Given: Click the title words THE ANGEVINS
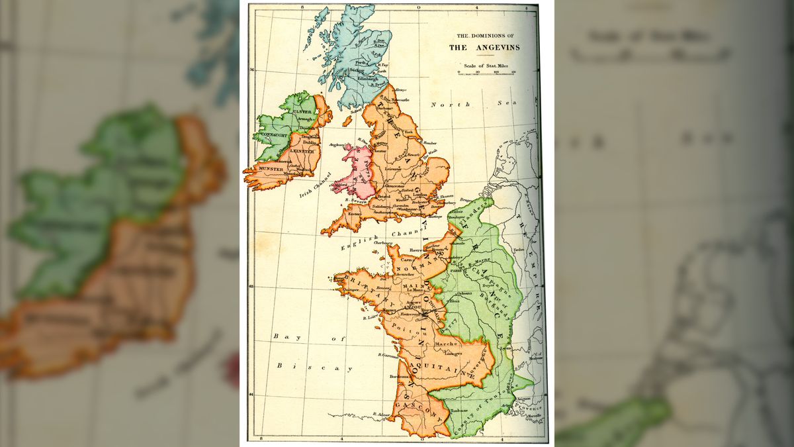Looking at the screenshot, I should coord(484,47).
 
